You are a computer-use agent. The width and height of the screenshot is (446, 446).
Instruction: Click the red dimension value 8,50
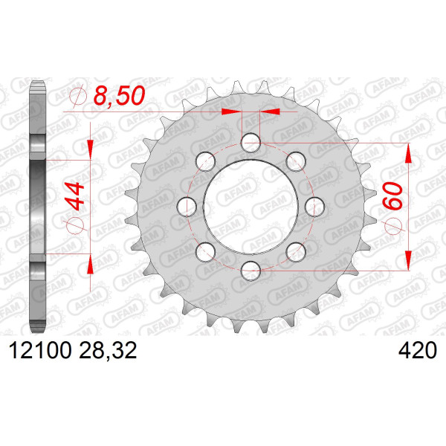(x=119, y=96)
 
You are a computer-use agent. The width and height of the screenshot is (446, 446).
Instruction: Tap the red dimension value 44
(x=75, y=197)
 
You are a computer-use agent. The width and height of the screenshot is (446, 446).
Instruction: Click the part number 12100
(x=40, y=350)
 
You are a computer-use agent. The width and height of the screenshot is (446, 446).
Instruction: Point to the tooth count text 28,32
(x=108, y=351)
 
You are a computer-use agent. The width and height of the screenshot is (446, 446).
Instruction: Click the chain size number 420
(x=418, y=350)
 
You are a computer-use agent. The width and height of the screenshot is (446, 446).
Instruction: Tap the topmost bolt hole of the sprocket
(x=251, y=143)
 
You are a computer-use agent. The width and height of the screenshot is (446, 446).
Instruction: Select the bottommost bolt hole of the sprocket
(x=251, y=271)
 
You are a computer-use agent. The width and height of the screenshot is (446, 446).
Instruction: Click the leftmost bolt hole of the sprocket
(x=187, y=207)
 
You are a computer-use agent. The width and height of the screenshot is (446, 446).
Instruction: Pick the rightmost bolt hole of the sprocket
(x=314, y=207)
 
